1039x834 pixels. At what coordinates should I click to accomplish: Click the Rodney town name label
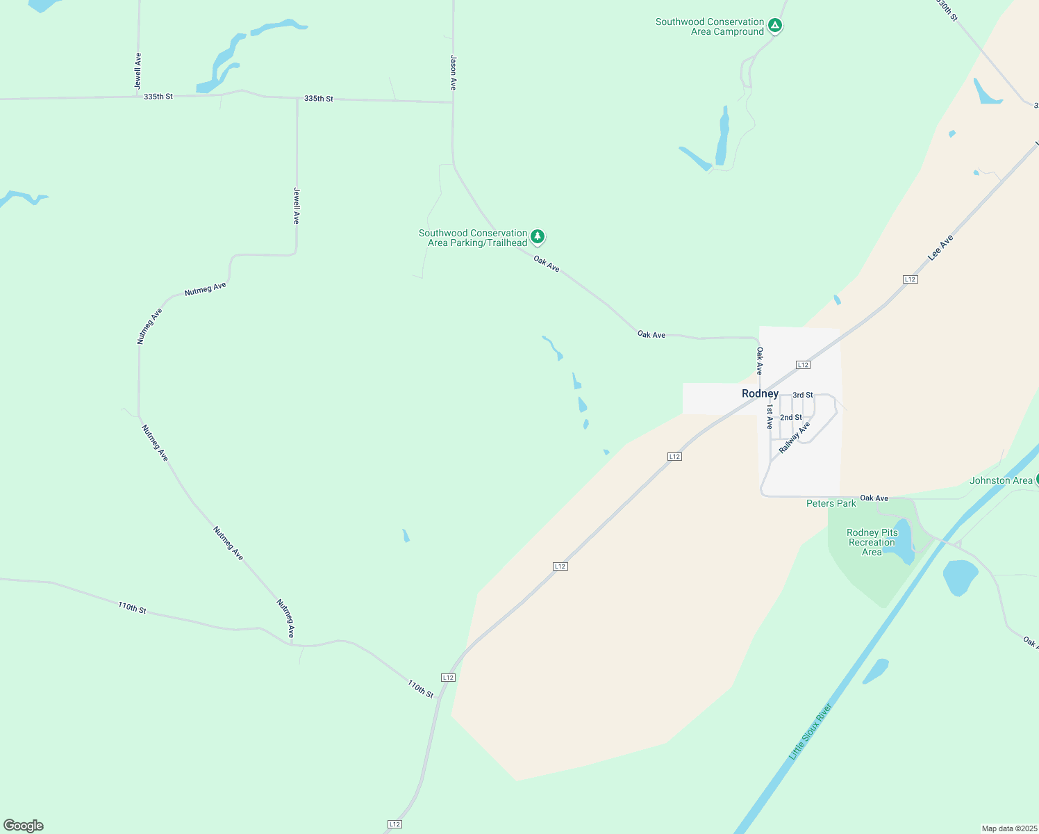(760, 393)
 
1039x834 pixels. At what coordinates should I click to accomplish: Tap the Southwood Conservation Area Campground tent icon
(775, 26)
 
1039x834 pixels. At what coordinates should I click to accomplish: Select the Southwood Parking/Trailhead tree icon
(537, 237)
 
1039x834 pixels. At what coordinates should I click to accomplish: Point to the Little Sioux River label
(811, 732)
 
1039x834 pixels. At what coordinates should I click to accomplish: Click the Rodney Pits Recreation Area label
(872, 542)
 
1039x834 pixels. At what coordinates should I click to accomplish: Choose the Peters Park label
(831, 503)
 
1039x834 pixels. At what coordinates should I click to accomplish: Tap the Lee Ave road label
(940, 248)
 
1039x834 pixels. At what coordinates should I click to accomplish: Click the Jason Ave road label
(453, 73)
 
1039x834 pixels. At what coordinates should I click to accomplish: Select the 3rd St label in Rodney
(803, 395)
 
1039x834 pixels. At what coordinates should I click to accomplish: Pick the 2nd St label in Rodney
(791, 417)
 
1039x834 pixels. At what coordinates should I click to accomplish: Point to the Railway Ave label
(795, 438)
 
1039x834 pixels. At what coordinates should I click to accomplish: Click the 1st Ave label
(770, 417)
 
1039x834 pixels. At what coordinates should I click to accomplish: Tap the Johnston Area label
(1001, 480)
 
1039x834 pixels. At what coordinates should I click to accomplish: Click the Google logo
(24, 826)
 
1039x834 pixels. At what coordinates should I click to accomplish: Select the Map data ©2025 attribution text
(1008, 828)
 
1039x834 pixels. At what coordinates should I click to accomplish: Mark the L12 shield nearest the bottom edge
(394, 824)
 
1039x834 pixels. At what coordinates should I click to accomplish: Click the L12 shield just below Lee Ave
(910, 279)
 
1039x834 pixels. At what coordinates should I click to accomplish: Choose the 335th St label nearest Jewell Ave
(158, 97)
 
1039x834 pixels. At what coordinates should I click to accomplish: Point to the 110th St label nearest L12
(420, 689)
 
